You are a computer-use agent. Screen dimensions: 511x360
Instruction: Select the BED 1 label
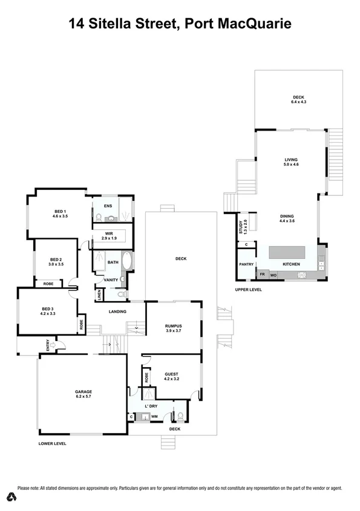coord(60,211)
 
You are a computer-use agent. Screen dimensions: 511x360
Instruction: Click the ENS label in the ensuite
coord(108,206)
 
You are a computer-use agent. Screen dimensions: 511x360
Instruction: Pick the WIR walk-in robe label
coord(108,233)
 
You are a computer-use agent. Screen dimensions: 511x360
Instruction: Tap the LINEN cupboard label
coord(99,295)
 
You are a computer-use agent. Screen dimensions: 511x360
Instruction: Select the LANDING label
coord(117,311)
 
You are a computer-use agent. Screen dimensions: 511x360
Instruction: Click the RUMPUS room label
coord(174,326)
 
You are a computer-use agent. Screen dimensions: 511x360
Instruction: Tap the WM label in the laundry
coord(154,417)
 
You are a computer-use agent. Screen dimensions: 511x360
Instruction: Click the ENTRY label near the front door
coord(47,345)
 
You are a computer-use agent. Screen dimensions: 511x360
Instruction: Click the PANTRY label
coord(246,264)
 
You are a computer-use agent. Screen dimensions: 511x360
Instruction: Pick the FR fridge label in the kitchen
coord(262,275)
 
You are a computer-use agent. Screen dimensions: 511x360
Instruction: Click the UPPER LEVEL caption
coord(248,291)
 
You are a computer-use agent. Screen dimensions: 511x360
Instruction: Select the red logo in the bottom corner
coord(10,496)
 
